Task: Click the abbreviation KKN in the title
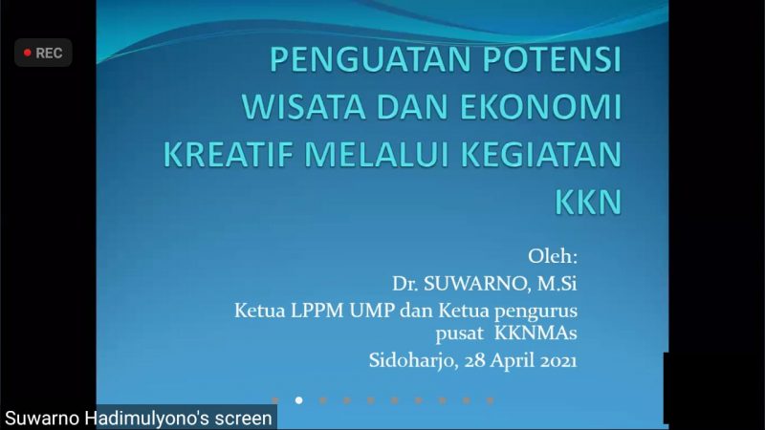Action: tap(588, 201)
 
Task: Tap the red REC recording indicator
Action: tap(43, 54)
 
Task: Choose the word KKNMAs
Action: tap(536, 333)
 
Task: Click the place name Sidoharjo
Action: tap(411, 360)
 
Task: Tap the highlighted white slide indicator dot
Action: tap(298, 400)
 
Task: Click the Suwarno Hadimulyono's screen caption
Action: tap(139, 419)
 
